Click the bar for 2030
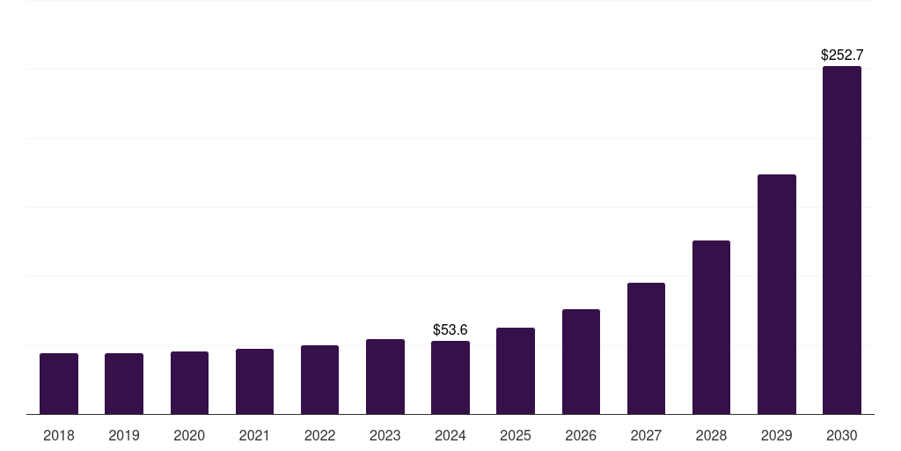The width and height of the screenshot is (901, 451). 841,240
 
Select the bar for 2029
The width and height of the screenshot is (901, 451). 776,294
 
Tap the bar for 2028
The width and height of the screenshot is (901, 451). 711,327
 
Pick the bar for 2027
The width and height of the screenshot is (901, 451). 646,348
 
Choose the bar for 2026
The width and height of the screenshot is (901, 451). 581,361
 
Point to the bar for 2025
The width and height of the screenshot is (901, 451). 516,371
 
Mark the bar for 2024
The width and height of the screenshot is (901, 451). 450,377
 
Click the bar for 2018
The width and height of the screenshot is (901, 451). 59,383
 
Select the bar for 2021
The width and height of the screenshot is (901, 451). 254,381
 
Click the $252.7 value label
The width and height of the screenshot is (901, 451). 841,55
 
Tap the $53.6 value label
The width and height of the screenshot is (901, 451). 450,329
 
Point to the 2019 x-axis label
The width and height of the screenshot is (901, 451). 124,435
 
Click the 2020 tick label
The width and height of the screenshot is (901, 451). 189,435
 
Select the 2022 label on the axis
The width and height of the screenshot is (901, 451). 319,435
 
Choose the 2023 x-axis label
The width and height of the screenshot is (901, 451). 385,435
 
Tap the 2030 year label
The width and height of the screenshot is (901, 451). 841,435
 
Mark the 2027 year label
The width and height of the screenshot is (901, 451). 646,435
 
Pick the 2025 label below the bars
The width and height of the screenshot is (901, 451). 516,435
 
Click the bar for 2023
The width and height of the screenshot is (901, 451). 385,376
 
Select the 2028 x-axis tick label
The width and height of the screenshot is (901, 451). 711,435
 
